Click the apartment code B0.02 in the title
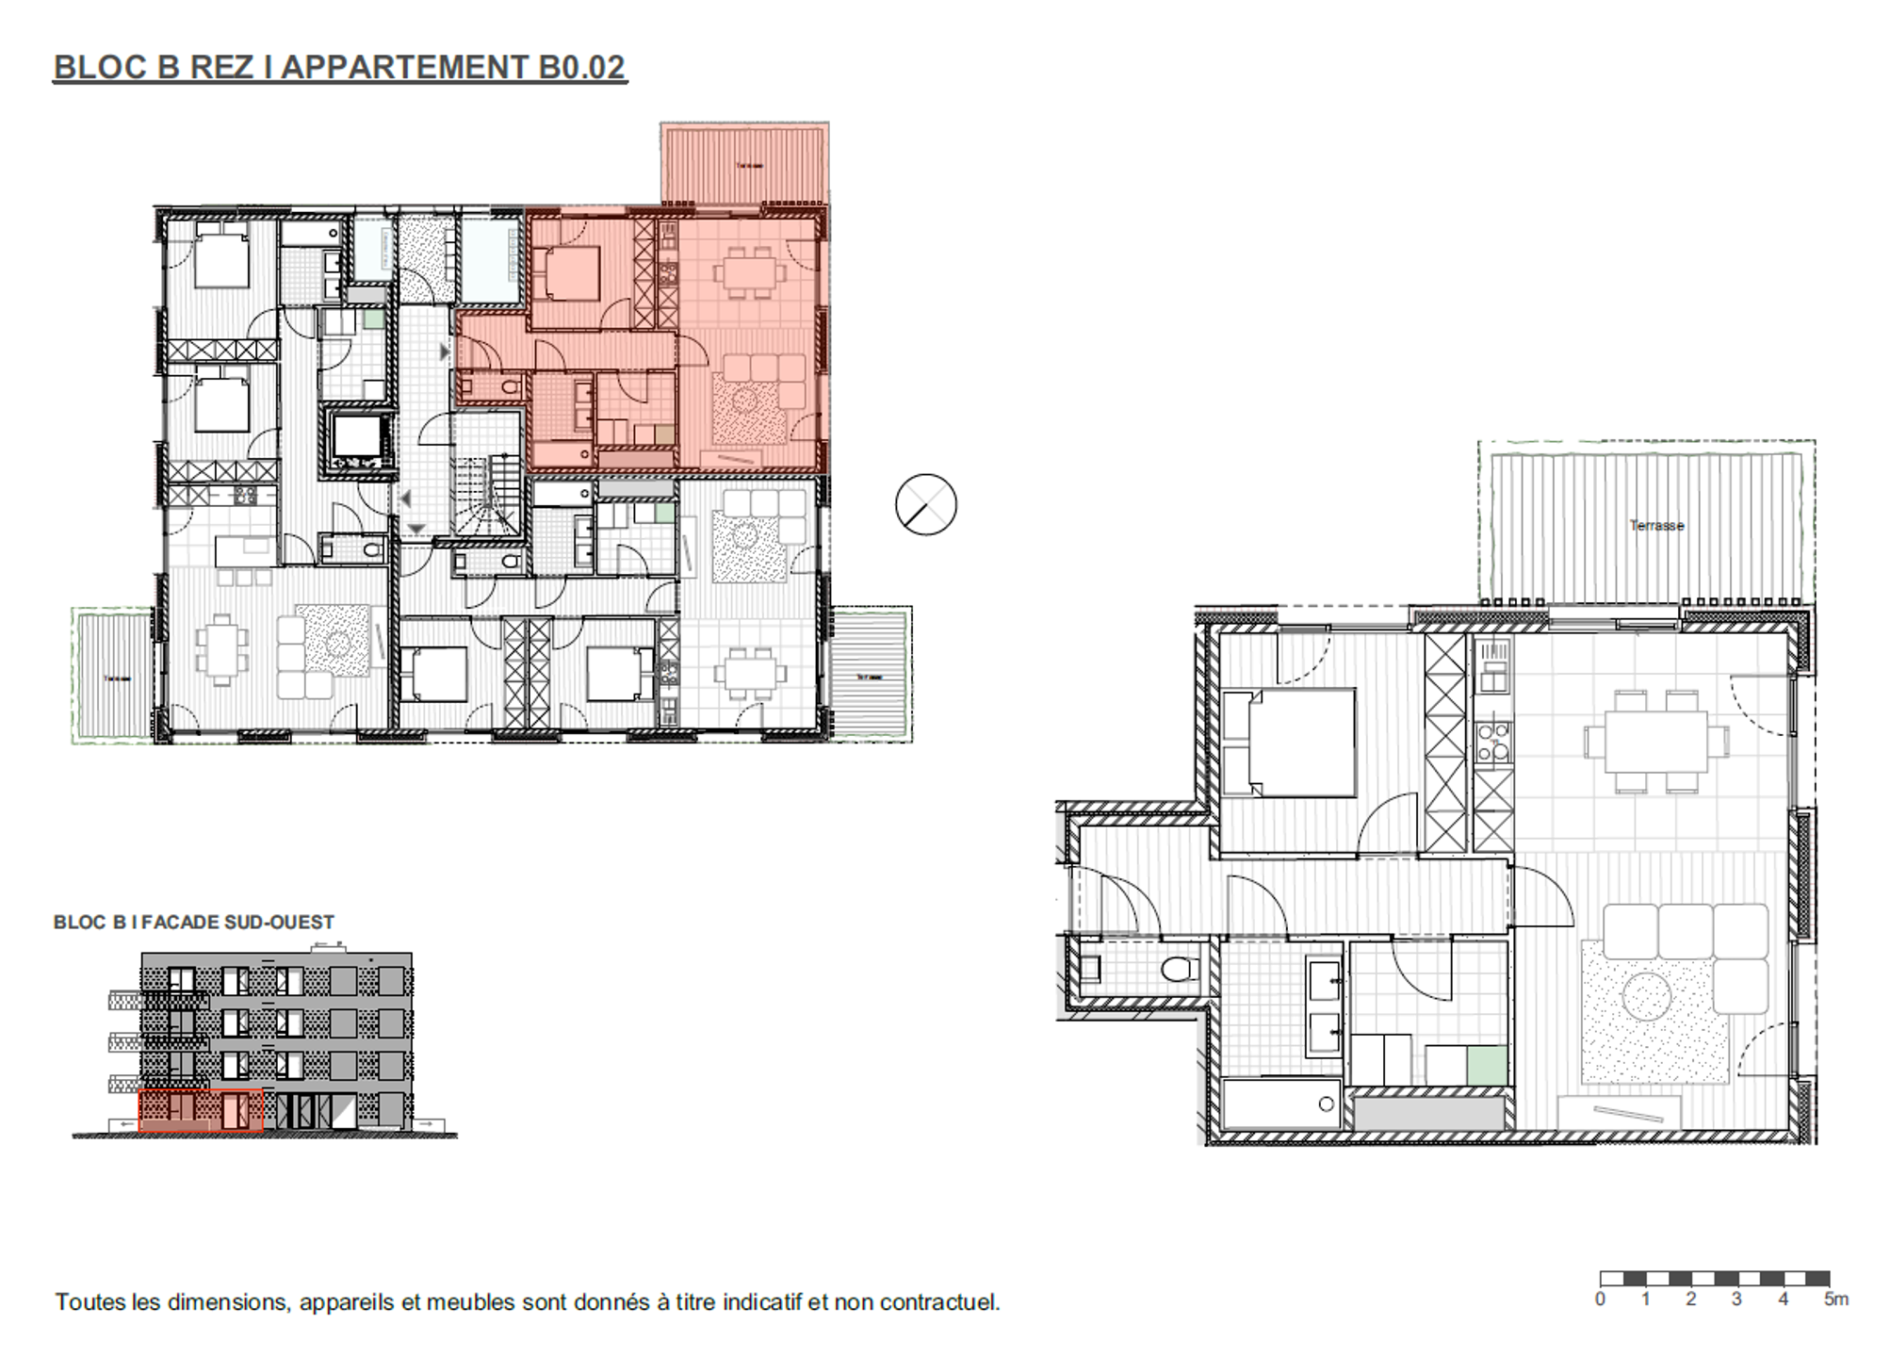point(581,68)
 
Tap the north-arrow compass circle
point(925,505)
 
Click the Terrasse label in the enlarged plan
point(1655,526)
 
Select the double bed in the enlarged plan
point(1288,743)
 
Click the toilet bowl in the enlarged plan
point(1178,968)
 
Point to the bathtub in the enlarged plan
point(1280,1104)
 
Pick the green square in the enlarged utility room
point(1487,1065)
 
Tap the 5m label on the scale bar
point(1835,1300)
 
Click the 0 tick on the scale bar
point(1600,1300)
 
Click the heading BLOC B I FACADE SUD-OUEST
point(194,923)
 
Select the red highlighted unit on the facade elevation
point(200,1111)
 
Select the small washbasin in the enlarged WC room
point(1090,968)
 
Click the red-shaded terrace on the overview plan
point(744,162)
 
